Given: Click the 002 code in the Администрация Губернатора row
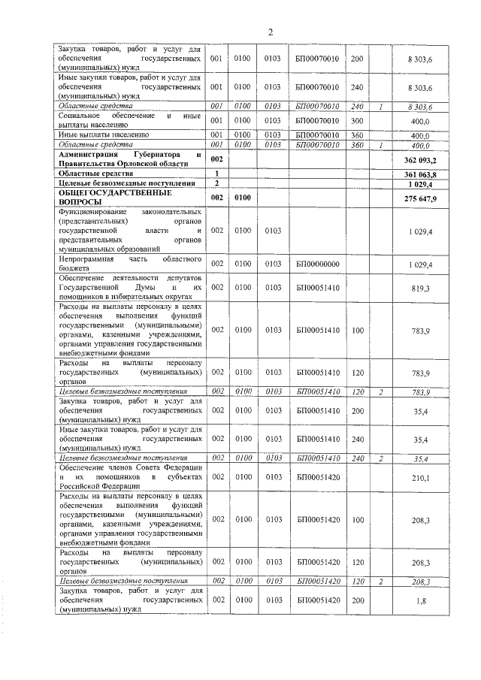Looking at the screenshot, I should coord(217,159).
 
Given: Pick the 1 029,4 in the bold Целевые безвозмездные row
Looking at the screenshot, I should coord(422,183).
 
